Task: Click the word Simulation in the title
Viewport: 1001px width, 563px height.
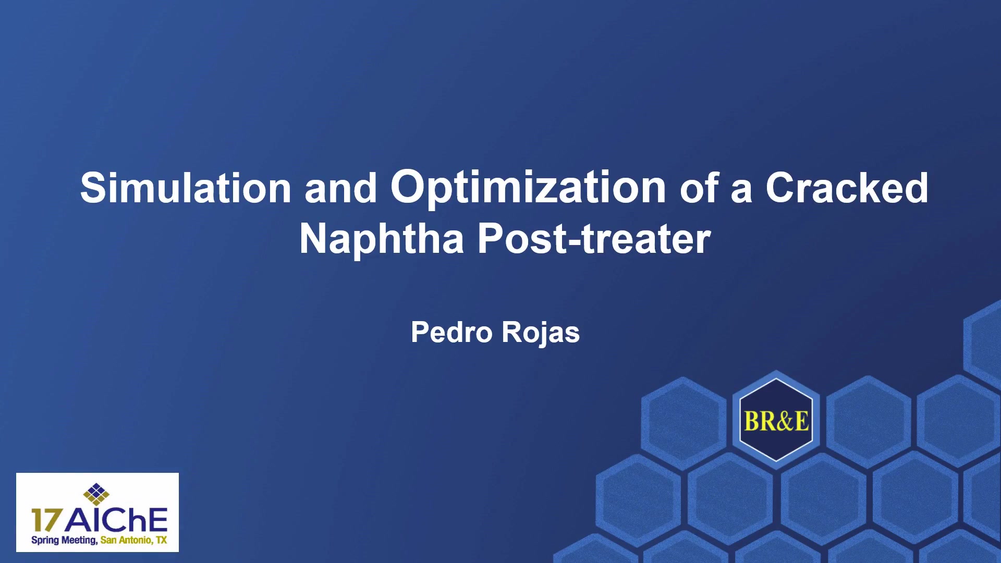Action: coord(186,188)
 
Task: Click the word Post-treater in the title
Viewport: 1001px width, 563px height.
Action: coord(594,239)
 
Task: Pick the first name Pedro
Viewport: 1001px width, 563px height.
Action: coord(451,332)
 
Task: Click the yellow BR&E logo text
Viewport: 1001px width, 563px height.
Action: coord(776,421)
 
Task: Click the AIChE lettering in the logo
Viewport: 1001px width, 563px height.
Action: coord(116,520)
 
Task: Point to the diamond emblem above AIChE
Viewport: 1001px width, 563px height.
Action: coord(96,494)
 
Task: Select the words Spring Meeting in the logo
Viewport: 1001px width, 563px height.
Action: coord(64,541)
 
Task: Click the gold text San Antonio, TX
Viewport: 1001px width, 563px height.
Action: coord(134,540)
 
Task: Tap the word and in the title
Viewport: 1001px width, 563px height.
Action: coord(341,188)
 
